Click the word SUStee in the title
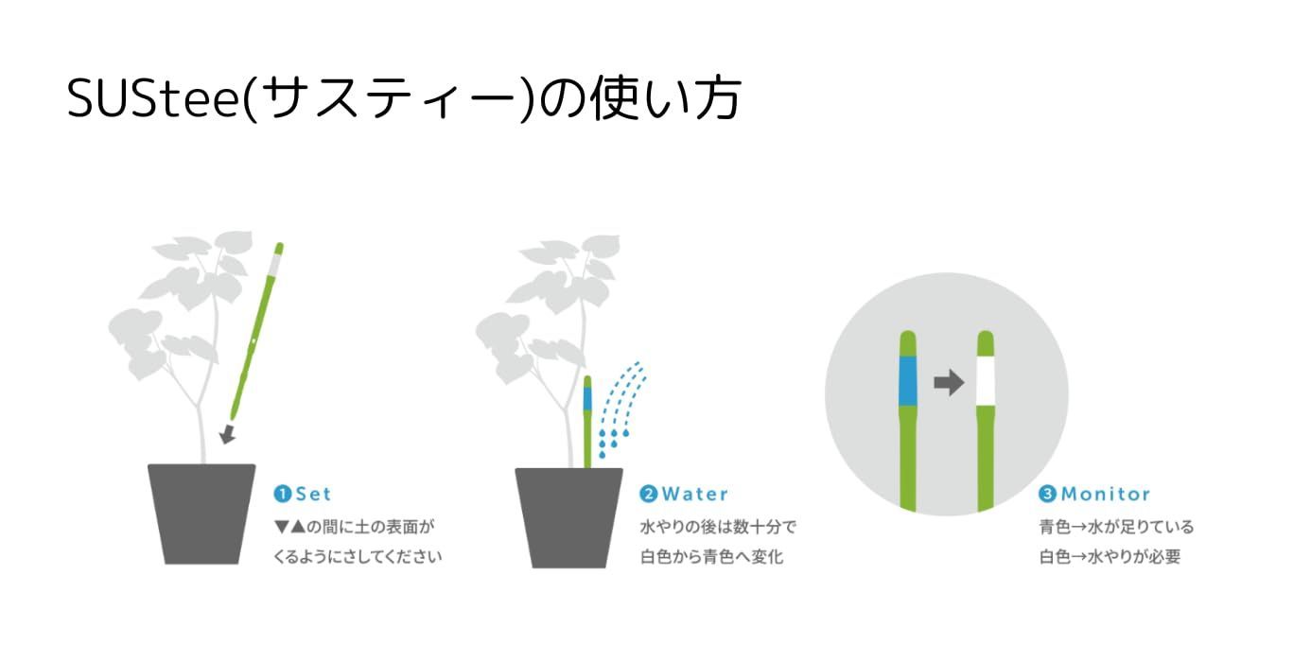click(x=152, y=97)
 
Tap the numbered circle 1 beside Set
click(x=282, y=494)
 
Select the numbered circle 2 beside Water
click(x=648, y=494)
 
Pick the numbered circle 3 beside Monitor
click(x=1047, y=494)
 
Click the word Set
click(x=314, y=494)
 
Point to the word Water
click(x=695, y=494)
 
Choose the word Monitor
click(x=1106, y=494)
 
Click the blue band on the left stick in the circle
click(x=908, y=381)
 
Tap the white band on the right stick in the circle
click(x=986, y=381)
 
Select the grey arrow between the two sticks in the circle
click(x=949, y=383)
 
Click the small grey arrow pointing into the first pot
click(x=227, y=434)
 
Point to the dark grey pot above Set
click(x=201, y=514)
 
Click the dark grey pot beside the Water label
click(x=568, y=517)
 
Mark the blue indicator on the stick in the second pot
click(x=587, y=398)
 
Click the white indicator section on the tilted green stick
click(x=274, y=265)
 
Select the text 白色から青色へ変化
click(x=711, y=556)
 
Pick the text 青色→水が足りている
click(x=1116, y=527)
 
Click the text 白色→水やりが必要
click(x=1110, y=556)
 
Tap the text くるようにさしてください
click(x=358, y=556)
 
